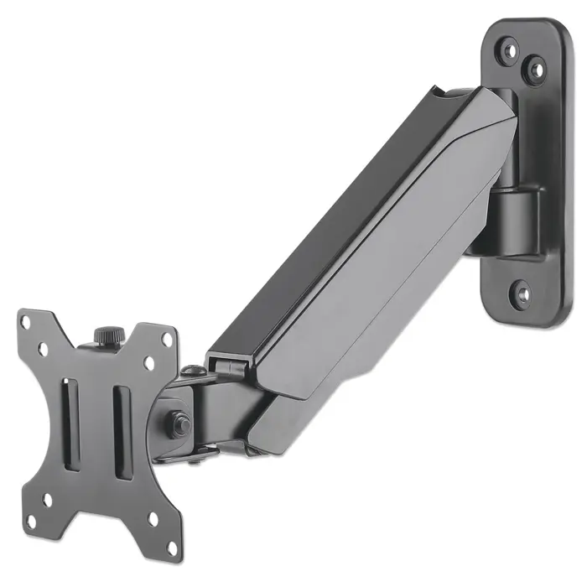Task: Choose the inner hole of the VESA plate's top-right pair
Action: pyautogui.click(x=149, y=363)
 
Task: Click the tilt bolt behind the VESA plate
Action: pyautogui.click(x=179, y=423)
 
